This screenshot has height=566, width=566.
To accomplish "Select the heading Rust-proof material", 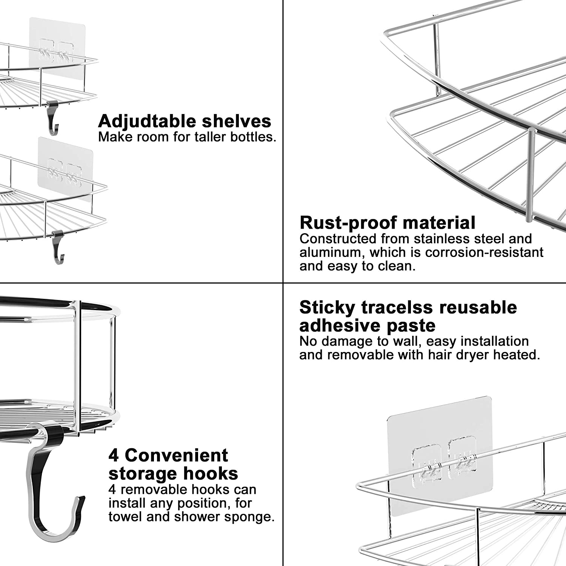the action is [x=387, y=223].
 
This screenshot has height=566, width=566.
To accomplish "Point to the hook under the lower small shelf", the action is [x=58, y=247].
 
